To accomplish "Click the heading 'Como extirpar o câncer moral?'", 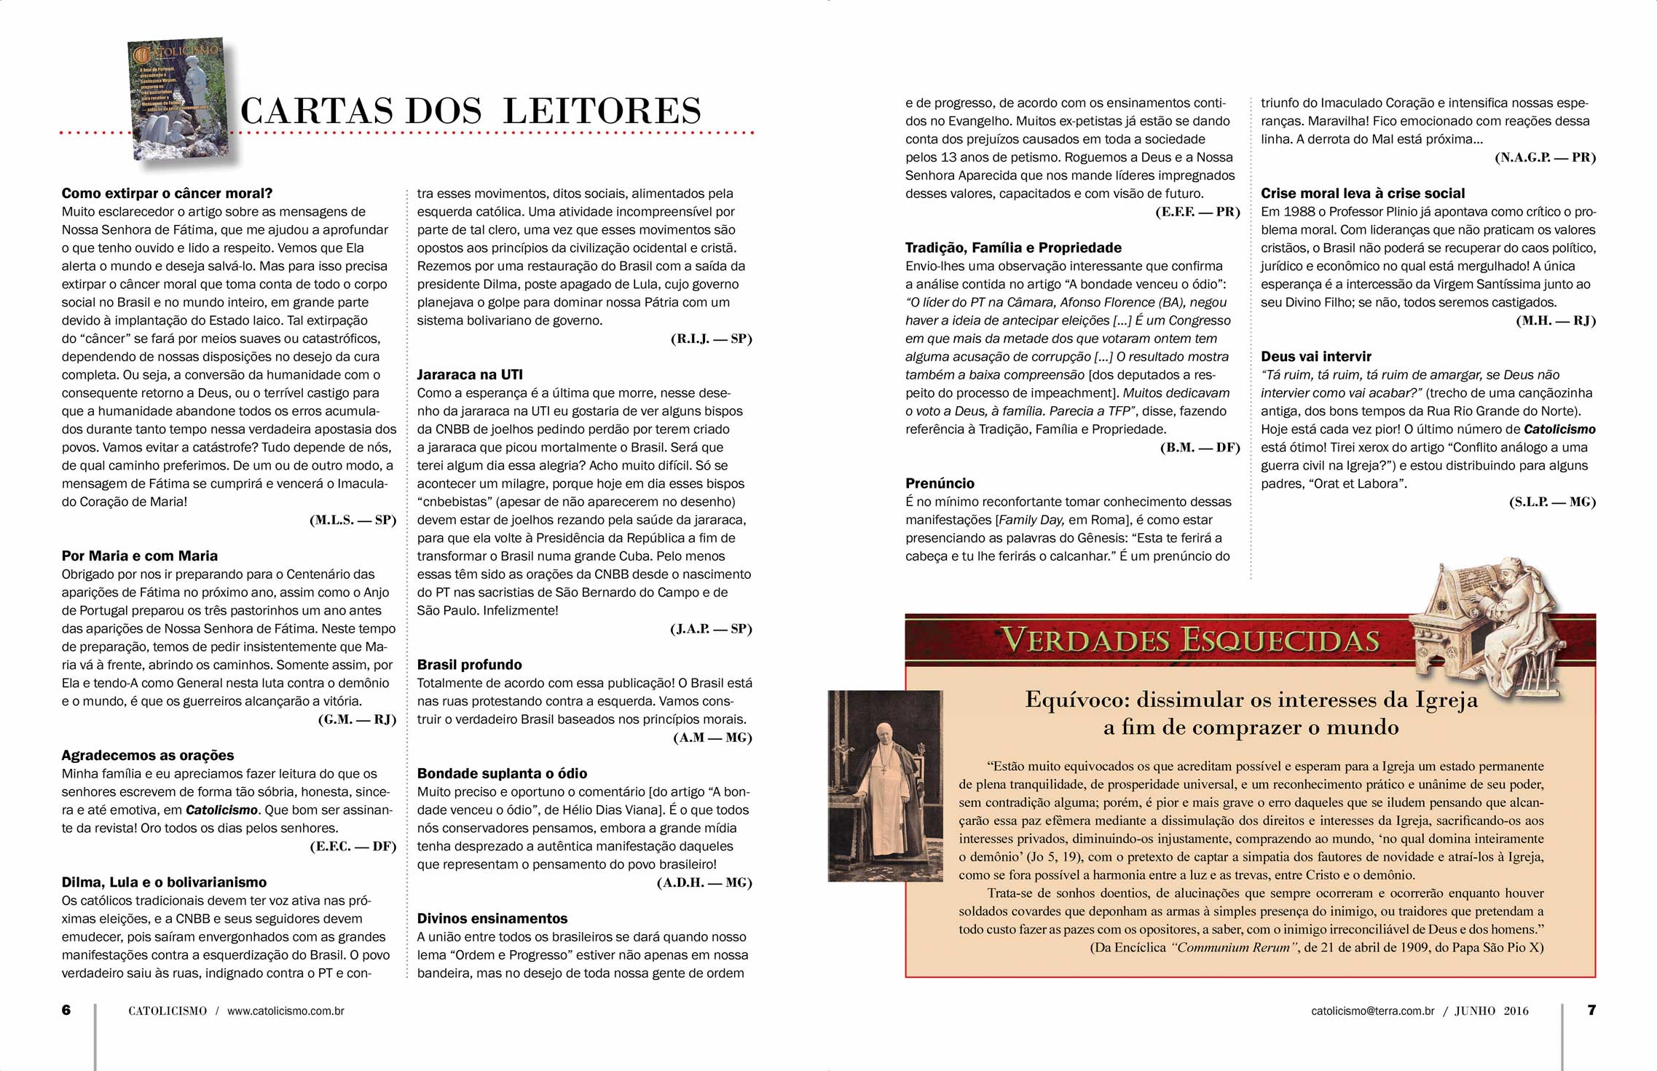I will pyautogui.click(x=167, y=194).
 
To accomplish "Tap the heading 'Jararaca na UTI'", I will pyautogui.click(x=470, y=375).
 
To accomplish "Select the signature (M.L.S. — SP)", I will pyautogui.click(x=353, y=520).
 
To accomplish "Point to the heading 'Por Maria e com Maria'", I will pyautogui.click(x=139, y=556).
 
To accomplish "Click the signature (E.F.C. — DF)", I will pyautogui.click(x=353, y=846).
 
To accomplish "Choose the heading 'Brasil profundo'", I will pyautogui.click(x=469, y=665).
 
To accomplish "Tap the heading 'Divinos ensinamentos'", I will pyautogui.click(x=492, y=919).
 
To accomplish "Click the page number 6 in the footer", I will pyautogui.click(x=66, y=1010).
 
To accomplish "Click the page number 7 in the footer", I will pyautogui.click(x=1591, y=1010).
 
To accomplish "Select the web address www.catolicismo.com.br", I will pyautogui.click(x=286, y=1011).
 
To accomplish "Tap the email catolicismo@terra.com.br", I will pyautogui.click(x=1372, y=1011).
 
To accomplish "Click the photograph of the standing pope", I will pyautogui.click(x=885, y=786).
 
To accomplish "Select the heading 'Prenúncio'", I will pyautogui.click(x=940, y=483).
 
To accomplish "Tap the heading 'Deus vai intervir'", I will pyautogui.click(x=1315, y=357).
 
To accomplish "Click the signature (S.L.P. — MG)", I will pyautogui.click(x=1552, y=502).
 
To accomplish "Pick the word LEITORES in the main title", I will pyautogui.click(x=602, y=111).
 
